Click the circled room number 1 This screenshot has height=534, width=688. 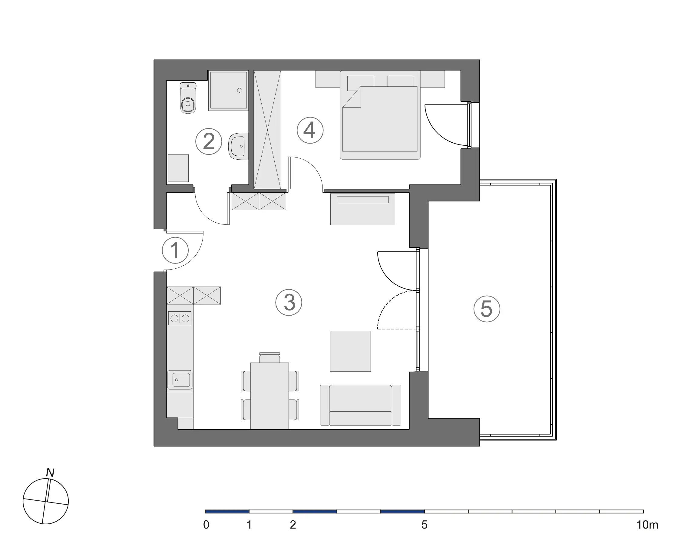(x=175, y=250)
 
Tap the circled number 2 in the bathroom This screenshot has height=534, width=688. (x=209, y=141)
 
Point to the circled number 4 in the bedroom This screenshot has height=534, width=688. (x=310, y=130)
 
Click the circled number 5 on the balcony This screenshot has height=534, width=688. (x=487, y=309)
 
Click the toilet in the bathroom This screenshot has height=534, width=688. (x=188, y=98)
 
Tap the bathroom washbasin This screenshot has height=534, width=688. (x=239, y=146)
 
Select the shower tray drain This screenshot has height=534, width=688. (x=240, y=91)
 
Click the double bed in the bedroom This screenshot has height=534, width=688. (x=380, y=115)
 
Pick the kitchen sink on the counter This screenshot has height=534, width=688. (x=180, y=380)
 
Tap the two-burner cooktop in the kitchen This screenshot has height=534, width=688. (x=180, y=318)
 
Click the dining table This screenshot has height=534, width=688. (x=269, y=396)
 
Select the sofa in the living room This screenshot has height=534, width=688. (x=361, y=405)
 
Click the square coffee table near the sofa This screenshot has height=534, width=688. (x=350, y=351)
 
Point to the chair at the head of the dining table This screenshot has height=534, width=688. (x=269, y=358)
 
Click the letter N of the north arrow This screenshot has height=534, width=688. (x=50, y=473)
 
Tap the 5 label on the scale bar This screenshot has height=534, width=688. (x=424, y=525)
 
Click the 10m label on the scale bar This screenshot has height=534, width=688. (x=647, y=525)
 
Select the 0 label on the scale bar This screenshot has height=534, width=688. (x=206, y=525)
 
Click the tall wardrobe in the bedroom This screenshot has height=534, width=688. (x=267, y=129)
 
